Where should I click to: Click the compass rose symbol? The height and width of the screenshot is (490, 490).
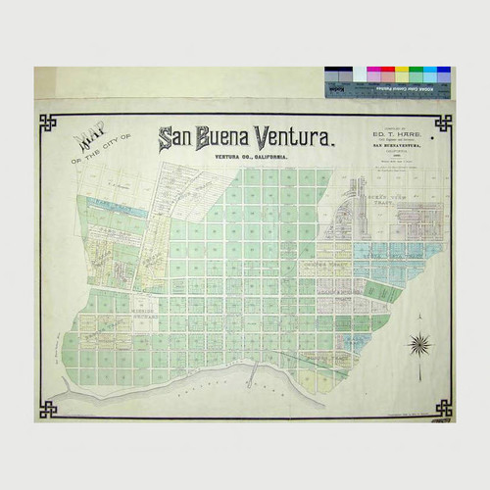point(420,344)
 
